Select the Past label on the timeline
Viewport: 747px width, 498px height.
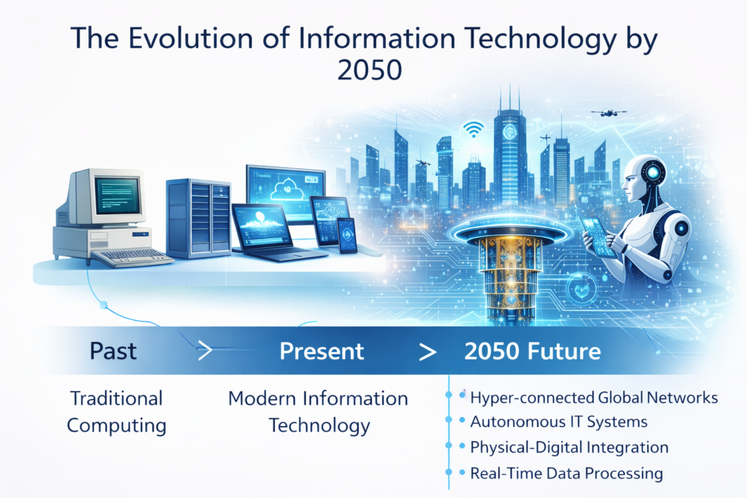point(113,351)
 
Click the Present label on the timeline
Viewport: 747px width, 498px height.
point(322,351)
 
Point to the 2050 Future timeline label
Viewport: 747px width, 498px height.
point(533,351)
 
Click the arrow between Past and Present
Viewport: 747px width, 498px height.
point(204,351)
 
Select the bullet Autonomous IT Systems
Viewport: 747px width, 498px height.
point(558,421)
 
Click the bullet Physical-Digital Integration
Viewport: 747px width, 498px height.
point(569,447)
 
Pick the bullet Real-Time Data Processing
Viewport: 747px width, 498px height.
point(566,473)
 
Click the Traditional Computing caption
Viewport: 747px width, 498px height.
point(117,412)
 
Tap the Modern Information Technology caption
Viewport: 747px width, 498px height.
point(318,412)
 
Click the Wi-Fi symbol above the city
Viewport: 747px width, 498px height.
point(473,129)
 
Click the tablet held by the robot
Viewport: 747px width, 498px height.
point(598,235)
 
